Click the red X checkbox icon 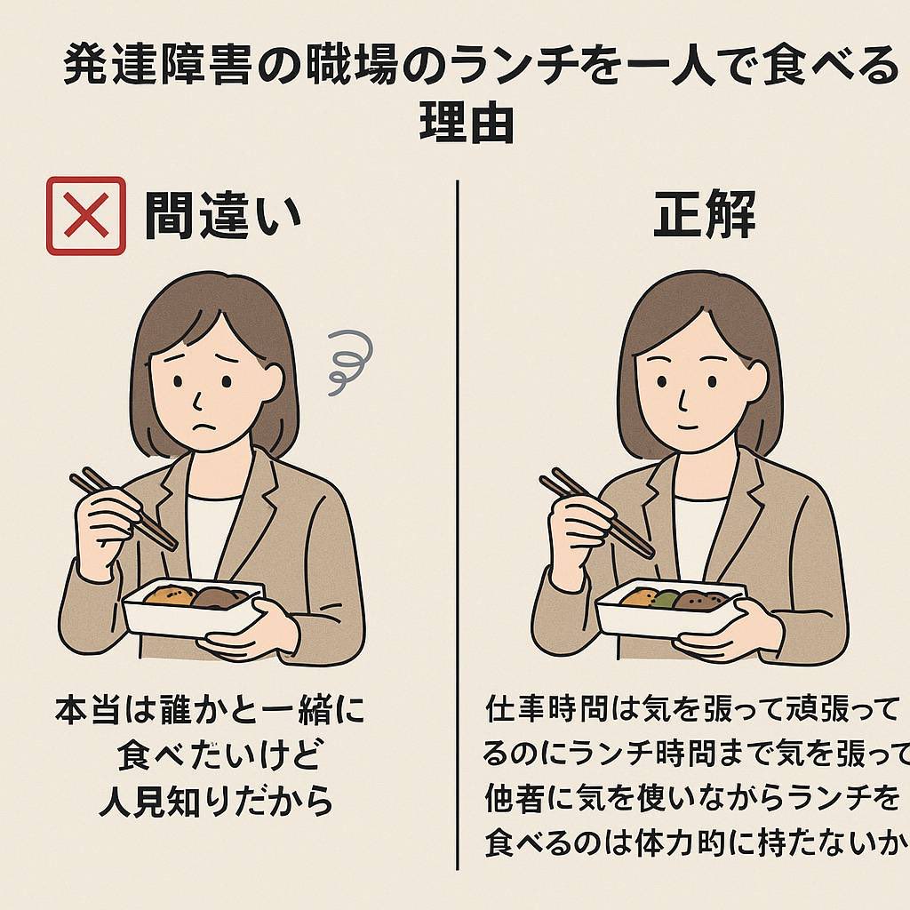point(86,216)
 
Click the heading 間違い point(222,216)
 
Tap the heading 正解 point(705,214)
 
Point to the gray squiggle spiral point(347,361)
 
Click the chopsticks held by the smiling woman point(596,513)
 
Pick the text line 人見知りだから point(216,802)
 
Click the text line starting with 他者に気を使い point(693,799)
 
